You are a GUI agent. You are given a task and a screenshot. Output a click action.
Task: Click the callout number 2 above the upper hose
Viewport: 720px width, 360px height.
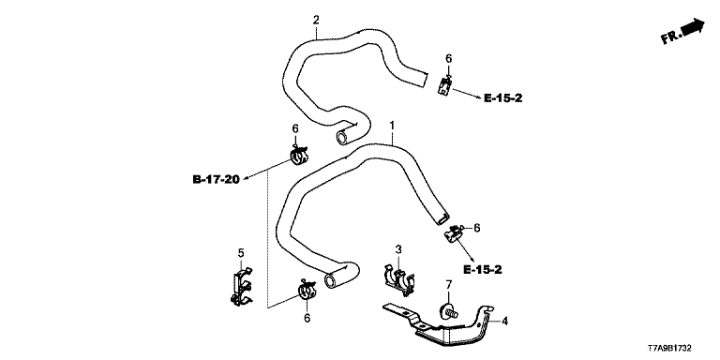click(316, 21)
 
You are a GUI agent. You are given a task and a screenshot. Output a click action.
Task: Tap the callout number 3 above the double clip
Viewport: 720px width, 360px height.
click(398, 249)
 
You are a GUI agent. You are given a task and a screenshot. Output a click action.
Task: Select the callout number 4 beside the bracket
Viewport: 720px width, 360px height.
click(504, 321)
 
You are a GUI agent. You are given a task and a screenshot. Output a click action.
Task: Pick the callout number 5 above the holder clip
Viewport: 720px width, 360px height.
click(241, 252)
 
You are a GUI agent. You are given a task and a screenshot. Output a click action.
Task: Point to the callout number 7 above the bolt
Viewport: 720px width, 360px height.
click(449, 285)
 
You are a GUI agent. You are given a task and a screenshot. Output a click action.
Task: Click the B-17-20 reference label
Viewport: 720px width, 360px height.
click(217, 179)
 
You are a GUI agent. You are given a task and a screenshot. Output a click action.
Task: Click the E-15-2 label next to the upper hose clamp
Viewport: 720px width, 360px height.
click(502, 97)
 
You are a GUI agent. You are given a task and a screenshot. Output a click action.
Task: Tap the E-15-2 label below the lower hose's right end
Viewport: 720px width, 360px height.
click(483, 270)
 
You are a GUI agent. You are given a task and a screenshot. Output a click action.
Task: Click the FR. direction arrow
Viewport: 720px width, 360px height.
click(683, 31)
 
